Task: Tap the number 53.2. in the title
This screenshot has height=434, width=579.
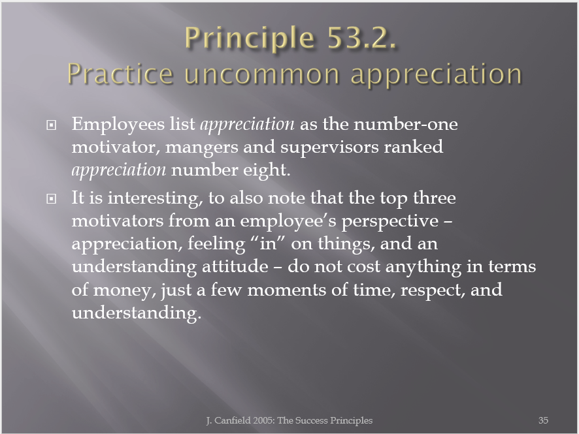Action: tap(362, 38)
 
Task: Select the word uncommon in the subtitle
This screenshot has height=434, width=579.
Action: tap(262, 74)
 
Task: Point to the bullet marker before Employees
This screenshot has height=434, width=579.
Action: tap(52, 125)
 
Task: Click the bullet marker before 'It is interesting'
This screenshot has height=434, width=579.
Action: tap(52, 199)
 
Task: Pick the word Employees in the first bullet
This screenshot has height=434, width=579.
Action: tap(118, 124)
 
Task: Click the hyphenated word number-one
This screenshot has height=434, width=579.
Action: tap(406, 124)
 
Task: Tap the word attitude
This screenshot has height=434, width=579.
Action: tap(235, 266)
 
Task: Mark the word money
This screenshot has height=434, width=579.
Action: tap(122, 290)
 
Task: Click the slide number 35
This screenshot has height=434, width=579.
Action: tap(543, 420)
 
